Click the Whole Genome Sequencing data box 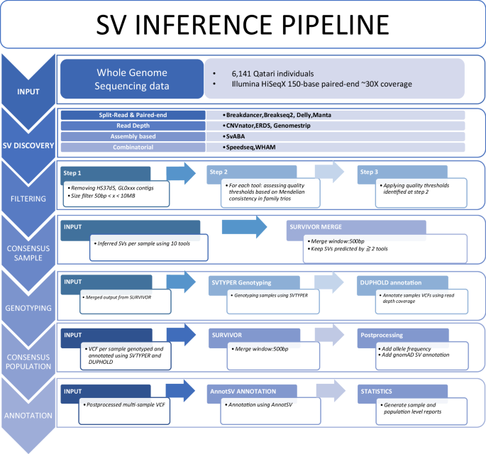click(133, 79)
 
